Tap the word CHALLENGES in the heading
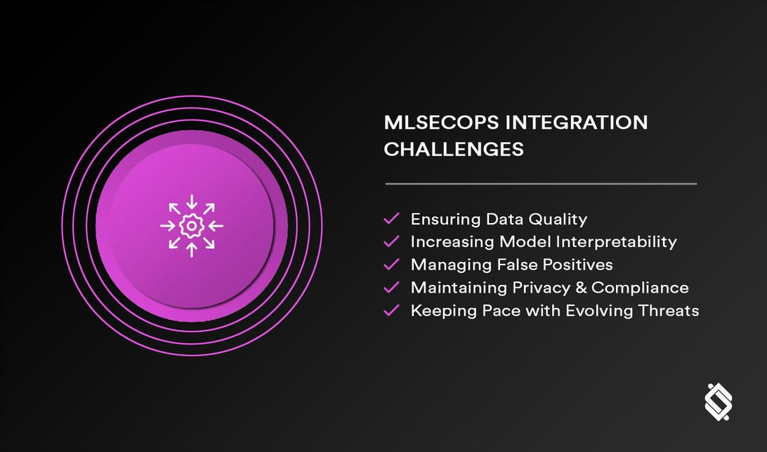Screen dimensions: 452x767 (454, 149)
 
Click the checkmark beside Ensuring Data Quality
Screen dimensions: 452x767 (391, 219)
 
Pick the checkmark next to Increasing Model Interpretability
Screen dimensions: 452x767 (391, 241)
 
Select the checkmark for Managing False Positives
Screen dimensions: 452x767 (391, 265)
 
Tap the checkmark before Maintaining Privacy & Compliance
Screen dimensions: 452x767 (391, 287)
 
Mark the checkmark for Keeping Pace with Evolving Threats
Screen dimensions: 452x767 (391, 310)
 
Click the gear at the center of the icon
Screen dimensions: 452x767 (191, 226)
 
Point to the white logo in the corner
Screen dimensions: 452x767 (718, 402)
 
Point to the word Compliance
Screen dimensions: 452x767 (640, 287)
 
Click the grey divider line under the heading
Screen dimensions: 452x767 (540, 184)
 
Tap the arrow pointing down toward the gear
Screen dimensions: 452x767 (191, 204)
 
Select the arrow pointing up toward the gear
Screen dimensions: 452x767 (191, 248)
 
